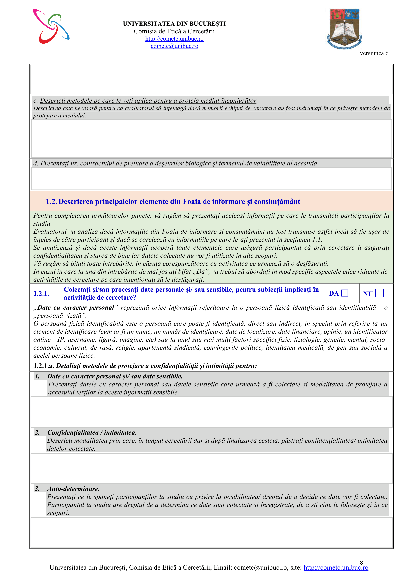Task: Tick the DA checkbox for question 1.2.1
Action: click(x=345, y=293)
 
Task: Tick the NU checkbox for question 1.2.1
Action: click(x=380, y=293)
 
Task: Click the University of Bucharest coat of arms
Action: click(x=345, y=29)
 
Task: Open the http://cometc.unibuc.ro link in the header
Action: click(x=174, y=39)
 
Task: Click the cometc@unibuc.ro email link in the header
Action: click(x=174, y=46)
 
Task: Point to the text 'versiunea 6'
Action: click(x=374, y=53)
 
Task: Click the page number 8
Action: click(x=361, y=563)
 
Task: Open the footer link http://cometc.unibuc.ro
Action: click(x=336, y=568)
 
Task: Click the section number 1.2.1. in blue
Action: click(x=41, y=294)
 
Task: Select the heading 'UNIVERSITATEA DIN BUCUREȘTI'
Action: click(x=174, y=24)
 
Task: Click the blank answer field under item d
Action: click(x=211, y=179)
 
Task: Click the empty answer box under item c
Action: click(x=211, y=138)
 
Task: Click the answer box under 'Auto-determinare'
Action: click(x=211, y=532)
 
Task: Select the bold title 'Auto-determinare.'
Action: click(x=73, y=489)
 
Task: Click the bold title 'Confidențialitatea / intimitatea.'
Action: click(x=92, y=433)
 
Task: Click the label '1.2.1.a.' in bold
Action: click(x=44, y=366)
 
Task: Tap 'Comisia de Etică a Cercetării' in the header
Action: click(x=174, y=31)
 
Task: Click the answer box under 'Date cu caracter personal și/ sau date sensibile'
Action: click(x=211, y=412)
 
